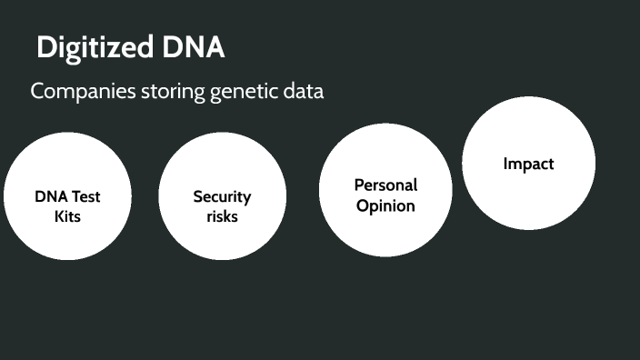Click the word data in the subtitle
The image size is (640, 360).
click(302, 92)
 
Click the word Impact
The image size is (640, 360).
click(528, 165)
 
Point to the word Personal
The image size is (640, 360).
click(385, 185)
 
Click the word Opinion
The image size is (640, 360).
click(385, 205)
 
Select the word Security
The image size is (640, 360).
click(222, 196)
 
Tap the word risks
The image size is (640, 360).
click(222, 216)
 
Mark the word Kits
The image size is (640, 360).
click(68, 217)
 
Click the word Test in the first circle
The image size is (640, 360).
click(85, 196)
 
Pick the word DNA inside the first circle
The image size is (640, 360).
click(51, 196)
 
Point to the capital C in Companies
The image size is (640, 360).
click(36, 92)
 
